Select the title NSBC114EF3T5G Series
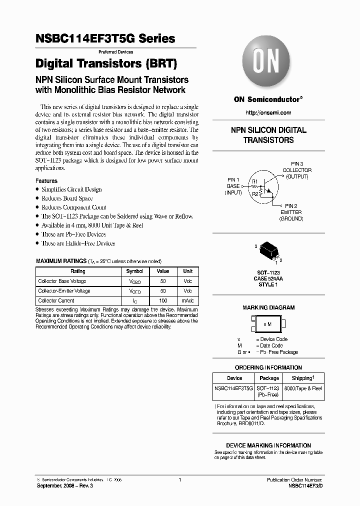(105, 38)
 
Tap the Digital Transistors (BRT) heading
(106, 64)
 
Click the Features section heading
(46, 181)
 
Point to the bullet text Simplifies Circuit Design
(71, 189)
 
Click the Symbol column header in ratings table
(134, 271)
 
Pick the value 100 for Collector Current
(163, 301)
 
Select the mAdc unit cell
(187, 301)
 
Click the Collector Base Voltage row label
(62, 281)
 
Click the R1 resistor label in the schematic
(254, 181)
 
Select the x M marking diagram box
(268, 324)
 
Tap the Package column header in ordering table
(269, 378)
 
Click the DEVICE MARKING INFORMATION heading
(268, 445)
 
